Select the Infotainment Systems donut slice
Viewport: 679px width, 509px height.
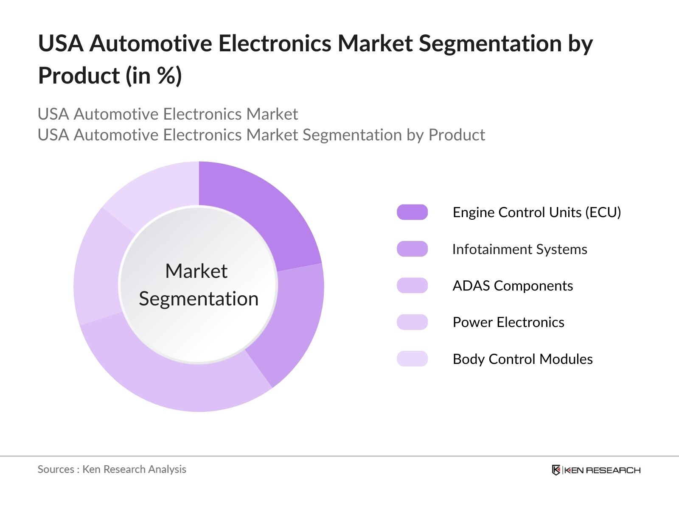click(x=293, y=322)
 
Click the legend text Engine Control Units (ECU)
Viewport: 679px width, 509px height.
click(x=537, y=212)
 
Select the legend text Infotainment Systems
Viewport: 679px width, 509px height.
click(x=520, y=249)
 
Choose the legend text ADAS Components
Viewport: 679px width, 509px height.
click(x=513, y=285)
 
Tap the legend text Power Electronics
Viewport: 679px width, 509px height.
click(x=508, y=322)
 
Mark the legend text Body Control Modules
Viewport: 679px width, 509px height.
click(x=522, y=359)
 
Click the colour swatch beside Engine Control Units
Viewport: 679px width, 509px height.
click(x=412, y=212)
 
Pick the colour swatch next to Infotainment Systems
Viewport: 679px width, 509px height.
click(x=412, y=249)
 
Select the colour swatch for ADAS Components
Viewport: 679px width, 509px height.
click(x=412, y=285)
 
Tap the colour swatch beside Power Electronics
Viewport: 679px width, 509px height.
click(x=412, y=322)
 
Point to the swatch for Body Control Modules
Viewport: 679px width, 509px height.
click(x=412, y=359)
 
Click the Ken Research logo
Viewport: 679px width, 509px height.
click(x=596, y=470)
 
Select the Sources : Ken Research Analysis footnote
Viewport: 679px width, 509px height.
click(x=112, y=469)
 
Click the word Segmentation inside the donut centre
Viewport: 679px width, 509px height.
click(x=199, y=299)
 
